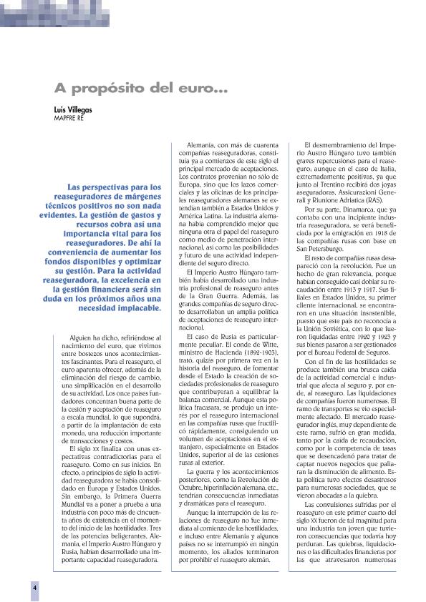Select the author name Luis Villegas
click(73, 112)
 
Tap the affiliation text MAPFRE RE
click(70, 119)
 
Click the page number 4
click(34, 586)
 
